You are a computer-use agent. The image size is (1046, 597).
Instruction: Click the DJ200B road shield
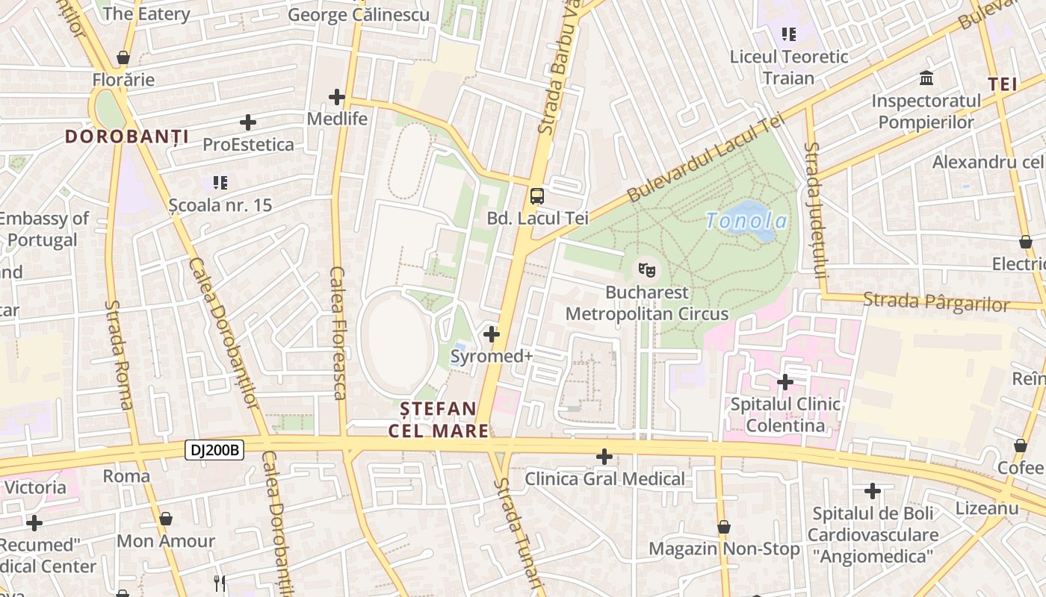click(x=214, y=450)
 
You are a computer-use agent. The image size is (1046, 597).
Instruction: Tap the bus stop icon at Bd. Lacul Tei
click(x=537, y=196)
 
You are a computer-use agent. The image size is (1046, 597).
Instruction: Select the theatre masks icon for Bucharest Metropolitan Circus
click(x=646, y=268)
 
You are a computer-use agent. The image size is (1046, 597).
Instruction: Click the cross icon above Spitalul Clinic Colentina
click(x=784, y=382)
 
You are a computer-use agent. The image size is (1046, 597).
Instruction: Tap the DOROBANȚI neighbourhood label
click(x=126, y=137)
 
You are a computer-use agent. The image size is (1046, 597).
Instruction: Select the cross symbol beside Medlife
click(x=337, y=97)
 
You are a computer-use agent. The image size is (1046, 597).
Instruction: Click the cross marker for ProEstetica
click(x=248, y=122)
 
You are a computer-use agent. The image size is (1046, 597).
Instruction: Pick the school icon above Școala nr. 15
click(x=220, y=182)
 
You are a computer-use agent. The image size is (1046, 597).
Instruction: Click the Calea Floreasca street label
click(x=338, y=333)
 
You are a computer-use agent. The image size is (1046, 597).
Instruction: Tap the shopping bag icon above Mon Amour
click(x=166, y=519)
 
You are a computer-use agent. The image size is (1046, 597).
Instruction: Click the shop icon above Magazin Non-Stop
click(x=723, y=527)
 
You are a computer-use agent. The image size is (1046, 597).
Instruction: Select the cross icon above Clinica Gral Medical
click(x=604, y=456)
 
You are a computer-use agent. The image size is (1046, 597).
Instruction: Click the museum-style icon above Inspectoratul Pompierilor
click(x=926, y=78)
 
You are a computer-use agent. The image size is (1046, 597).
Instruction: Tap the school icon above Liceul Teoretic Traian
click(x=789, y=34)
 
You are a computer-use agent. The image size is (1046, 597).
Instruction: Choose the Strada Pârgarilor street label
click(x=935, y=302)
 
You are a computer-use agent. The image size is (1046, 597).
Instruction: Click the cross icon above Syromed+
click(x=492, y=334)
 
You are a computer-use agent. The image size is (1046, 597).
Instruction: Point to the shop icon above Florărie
click(x=123, y=57)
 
